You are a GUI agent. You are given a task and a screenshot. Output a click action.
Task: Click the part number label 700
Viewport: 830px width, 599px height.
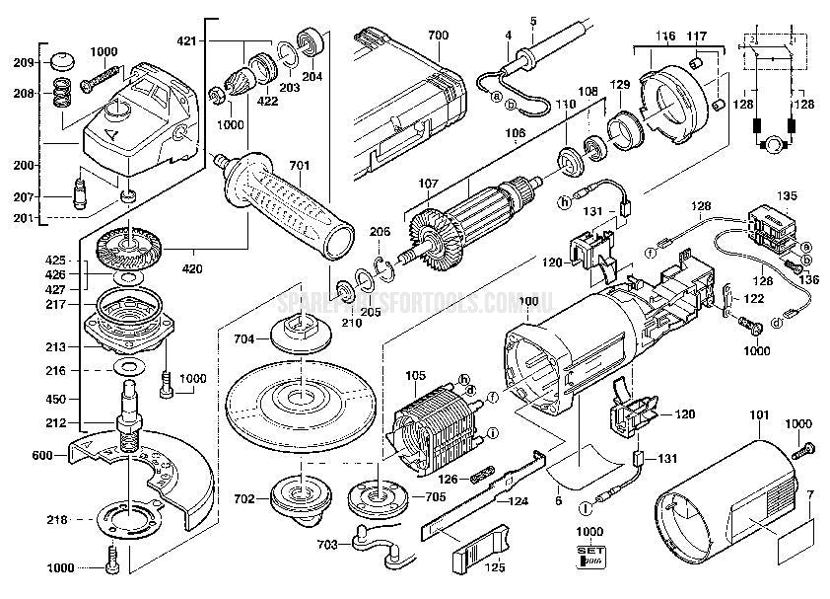[x=438, y=37]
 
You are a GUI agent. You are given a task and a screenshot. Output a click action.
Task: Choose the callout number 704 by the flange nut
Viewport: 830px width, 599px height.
[x=244, y=337]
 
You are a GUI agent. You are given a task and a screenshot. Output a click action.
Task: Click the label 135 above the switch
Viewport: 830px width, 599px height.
[x=787, y=195]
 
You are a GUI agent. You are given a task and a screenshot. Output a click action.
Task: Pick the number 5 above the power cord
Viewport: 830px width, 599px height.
[x=532, y=21]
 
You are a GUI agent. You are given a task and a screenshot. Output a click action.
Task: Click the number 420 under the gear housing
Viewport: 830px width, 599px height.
[x=192, y=267]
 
